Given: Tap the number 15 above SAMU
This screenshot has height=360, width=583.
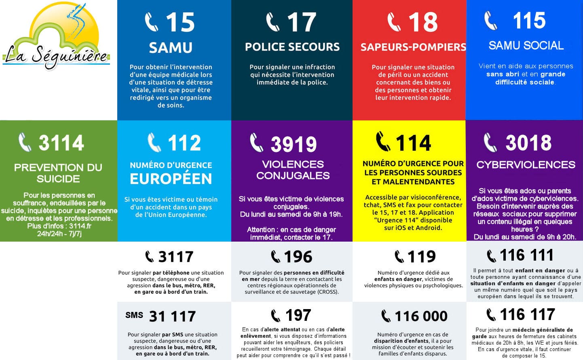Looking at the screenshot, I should coord(180,22).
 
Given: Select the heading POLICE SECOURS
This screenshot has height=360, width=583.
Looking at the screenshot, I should coord(292,47).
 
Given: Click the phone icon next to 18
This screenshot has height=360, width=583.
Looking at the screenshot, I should coord(394,22).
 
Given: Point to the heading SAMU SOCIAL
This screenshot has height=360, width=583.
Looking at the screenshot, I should coord(526,46).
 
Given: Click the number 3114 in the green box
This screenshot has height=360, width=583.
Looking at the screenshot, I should coord(61,143).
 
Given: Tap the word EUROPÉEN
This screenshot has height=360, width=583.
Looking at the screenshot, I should coord(171,179).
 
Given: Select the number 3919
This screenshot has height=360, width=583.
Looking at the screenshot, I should coord(294,144).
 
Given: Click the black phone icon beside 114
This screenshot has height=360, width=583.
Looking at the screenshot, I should coord(383,142).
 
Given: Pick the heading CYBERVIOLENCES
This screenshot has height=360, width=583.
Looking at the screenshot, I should coord(526,165).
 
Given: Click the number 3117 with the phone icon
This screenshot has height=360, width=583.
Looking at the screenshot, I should coord(176,257).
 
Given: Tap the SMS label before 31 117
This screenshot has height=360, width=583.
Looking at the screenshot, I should coord(134,315).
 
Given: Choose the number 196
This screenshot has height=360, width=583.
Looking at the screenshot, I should coord(298,257).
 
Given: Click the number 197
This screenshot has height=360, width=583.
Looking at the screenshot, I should coord(298,315).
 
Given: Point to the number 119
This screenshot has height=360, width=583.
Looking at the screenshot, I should coord(422,256).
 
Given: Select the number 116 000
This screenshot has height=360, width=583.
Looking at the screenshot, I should coord(421,316).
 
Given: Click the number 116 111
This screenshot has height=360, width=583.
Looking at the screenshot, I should coord(526,255).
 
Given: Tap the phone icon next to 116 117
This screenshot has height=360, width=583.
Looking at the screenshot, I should coord(491,314).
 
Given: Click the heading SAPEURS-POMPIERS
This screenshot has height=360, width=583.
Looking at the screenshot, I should coord(413,47).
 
